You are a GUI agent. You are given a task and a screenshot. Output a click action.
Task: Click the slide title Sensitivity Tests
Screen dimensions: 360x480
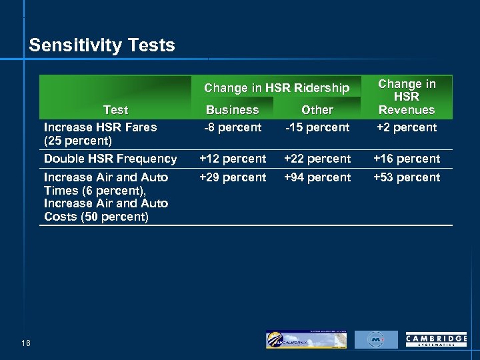(x=102, y=45)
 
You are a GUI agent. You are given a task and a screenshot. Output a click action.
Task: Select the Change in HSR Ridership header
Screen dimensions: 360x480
(x=276, y=88)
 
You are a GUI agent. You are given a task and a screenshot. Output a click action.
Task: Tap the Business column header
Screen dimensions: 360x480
(x=232, y=110)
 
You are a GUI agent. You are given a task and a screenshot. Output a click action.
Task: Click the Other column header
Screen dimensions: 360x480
(x=317, y=110)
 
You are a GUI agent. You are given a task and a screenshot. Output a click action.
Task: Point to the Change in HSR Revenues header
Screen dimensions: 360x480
(x=407, y=97)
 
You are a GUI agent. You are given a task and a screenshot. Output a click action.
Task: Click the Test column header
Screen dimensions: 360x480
(x=115, y=110)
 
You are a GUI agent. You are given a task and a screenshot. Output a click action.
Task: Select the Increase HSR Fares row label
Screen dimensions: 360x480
(x=100, y=133)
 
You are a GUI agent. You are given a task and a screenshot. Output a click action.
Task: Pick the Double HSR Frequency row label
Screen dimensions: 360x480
(x=110, y=159)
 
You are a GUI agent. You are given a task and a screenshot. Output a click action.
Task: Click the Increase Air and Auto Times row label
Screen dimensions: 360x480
(x=106, y=197)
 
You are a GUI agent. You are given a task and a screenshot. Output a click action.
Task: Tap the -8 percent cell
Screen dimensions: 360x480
(x=232, y=127)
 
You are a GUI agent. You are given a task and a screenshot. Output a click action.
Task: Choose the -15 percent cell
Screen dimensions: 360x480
(x=317, y=127)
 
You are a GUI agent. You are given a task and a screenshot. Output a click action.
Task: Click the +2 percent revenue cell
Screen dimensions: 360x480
(x=407, y=127)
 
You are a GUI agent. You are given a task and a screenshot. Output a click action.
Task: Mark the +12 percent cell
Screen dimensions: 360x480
(x=233, y=159)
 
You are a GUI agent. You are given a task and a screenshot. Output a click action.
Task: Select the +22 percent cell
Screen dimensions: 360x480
(x=317, y=159)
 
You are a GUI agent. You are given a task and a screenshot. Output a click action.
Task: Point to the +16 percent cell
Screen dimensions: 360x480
(x=407, y=159)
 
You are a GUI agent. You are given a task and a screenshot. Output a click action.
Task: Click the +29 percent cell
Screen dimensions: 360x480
(x=233, y=177)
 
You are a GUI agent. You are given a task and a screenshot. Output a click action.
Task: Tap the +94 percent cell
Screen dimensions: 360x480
(x=317, y=177)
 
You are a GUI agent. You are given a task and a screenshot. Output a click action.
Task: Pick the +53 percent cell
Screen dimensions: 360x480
(x=407, y=177)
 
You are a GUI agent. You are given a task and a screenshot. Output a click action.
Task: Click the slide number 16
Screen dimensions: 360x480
(x=25, y=343)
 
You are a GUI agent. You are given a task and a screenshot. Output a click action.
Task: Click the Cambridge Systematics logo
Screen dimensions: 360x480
(x=436, y=340)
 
